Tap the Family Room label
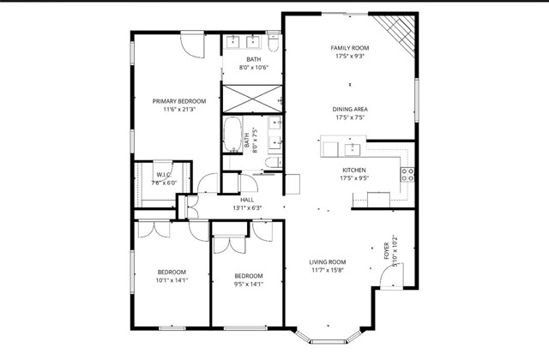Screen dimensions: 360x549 click(349, 48)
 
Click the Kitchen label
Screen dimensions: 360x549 click(353, 171)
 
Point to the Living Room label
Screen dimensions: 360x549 click(327, 262)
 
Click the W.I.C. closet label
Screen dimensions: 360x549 click(164, 175)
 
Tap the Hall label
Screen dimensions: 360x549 click(247, 200)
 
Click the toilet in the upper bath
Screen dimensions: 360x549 click(274, 40)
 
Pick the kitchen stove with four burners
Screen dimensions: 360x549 click(408, 175)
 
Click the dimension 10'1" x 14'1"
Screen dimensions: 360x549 click(172, 280)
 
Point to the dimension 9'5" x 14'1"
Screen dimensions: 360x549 click(249, 285)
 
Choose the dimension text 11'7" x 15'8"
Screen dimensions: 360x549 click(327, 271)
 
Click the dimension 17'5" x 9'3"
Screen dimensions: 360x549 click(349, 57)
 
